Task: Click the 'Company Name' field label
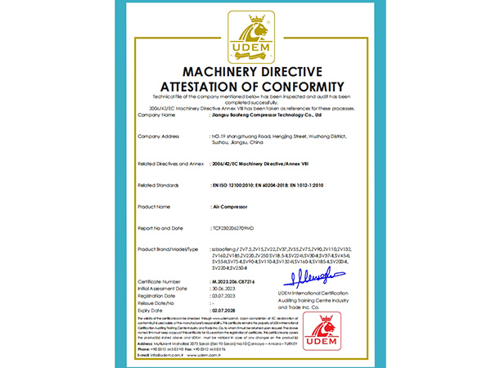coord(157,115)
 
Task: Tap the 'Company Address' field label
coord(161,135)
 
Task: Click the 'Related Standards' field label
coord(160,186)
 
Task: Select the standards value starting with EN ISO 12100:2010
coord(266,186)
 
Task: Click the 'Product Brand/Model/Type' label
coord(169,248)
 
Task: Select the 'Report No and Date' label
coord(162,227)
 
